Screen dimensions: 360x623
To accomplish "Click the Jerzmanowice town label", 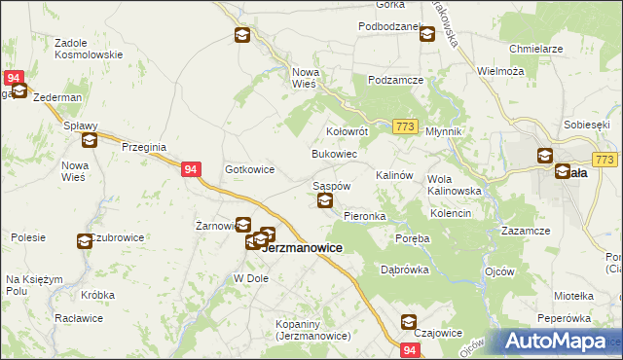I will click(303, 248).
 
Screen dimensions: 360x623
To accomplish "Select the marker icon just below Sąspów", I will click(325, 201).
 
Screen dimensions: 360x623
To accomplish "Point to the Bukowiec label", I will click(334, 155).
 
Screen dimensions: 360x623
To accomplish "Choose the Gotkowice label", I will click(249, 169).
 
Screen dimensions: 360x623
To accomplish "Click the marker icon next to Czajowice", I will click(409, 322).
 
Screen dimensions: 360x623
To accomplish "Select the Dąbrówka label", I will click(405, 270).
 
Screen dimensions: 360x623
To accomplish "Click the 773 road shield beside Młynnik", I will click(407, 126).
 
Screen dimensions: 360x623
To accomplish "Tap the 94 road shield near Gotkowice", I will click(191, 168).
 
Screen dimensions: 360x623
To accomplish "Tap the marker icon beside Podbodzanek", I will click(426, 35).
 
